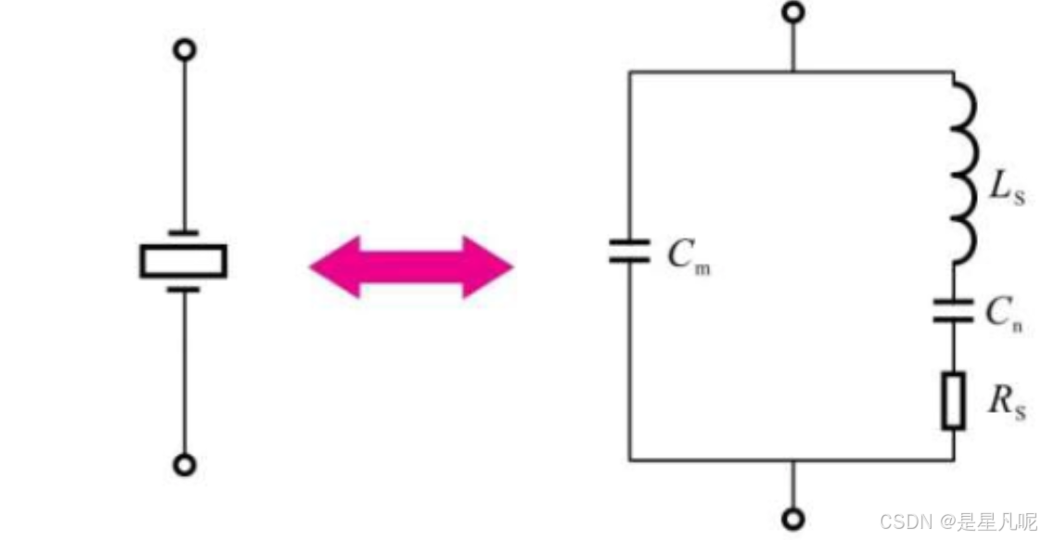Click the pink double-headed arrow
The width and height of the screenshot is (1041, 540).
click(x=410, y=267)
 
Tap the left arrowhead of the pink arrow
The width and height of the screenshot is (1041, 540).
click(x=329, y=267)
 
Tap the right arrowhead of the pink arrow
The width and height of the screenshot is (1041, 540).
click(x=491, y=267)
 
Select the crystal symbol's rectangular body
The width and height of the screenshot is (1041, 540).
click(x=184, y=261)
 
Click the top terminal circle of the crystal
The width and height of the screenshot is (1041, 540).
click(x=185, y=49)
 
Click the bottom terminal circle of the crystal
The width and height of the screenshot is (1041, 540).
click(x=185, y=465)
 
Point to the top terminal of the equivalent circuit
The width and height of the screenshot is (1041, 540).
click(x=792, y=13)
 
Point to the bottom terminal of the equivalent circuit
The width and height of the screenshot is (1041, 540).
click(x=792, y=519)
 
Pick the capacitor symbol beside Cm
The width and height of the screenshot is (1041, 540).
click(x=630, y=251)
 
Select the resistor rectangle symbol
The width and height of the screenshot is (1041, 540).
click(x=953, y=401)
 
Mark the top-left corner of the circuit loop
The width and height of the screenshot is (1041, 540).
click(x=630, y=71)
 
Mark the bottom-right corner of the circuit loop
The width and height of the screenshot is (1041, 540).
click(x=953, y=459)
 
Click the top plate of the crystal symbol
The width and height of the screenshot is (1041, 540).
click(x=184, y=232)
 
